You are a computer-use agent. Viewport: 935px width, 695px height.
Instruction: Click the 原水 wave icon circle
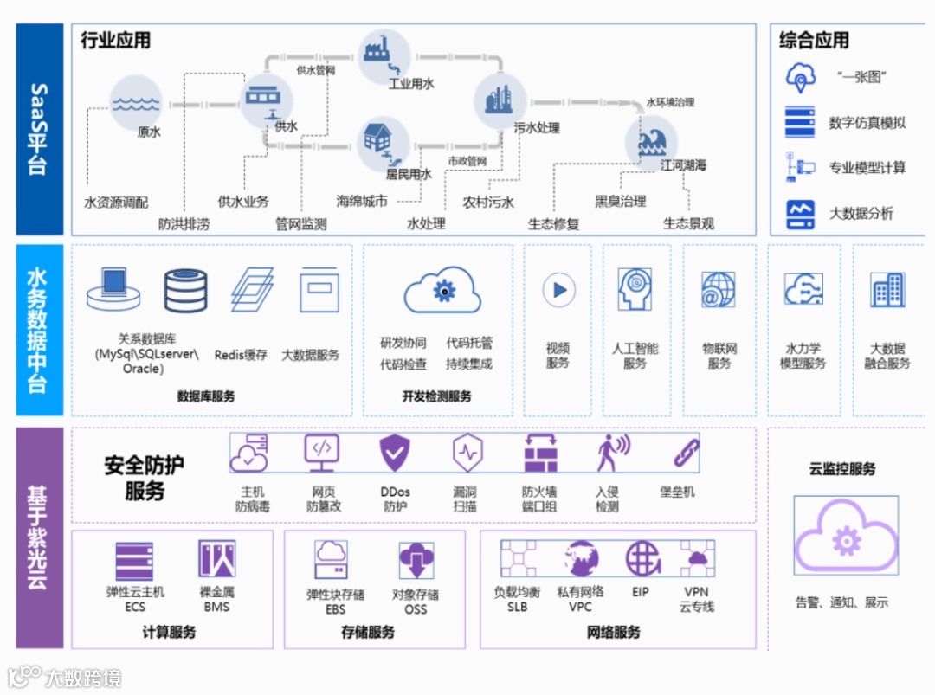[x=136, y=102]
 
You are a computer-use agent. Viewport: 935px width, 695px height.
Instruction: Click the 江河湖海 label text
[x=683, y=164]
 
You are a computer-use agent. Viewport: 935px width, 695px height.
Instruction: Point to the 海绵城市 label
[x=361, y=202]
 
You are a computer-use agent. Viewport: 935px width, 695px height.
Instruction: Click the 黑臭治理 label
[x=620, y=202]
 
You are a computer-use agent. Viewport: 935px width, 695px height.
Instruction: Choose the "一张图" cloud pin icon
[x=801, y=77]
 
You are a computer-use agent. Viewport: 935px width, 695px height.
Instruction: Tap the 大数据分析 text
[x=861, y=213]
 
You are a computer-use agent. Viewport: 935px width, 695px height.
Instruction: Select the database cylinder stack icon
[x=186, y=290]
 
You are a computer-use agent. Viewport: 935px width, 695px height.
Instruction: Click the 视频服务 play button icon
[x=558, y=290]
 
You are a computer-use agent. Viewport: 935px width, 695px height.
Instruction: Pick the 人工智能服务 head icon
[x=635, y=289]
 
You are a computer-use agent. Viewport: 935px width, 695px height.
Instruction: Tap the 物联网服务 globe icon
[x=719, y=290]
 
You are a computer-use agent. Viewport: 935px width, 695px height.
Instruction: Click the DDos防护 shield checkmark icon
[x=396, y=453]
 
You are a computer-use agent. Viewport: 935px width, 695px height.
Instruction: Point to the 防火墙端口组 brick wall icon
[x=540, y=453]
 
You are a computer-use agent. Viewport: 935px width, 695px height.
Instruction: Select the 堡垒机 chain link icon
[x=686, y=453]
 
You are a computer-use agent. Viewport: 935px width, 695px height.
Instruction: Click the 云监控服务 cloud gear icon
[x=845, y=537]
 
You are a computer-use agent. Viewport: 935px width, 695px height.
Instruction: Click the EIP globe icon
[x=642, y=558]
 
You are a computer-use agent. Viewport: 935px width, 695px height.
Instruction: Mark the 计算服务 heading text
[x=169, y=633]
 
